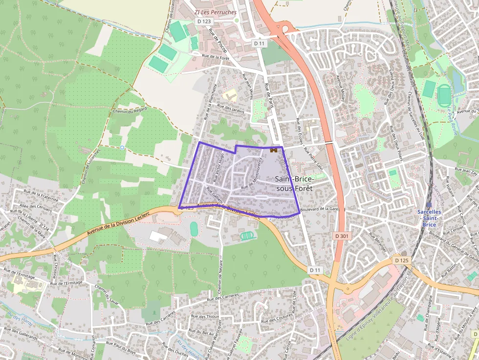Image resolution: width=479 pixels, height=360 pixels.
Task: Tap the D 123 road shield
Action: (x=205, y=21)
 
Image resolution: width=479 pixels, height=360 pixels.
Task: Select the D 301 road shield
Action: (x=342, y=236)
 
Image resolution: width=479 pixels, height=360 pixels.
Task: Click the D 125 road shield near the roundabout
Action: (x=401, y=260)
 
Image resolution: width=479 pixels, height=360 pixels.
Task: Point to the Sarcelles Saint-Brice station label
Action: (x=429, y=218)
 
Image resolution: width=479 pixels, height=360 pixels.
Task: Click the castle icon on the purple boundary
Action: (x=274, y=150)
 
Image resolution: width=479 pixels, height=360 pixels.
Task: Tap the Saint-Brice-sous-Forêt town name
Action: (x=295, y=184)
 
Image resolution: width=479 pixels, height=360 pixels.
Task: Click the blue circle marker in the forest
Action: (x=122, y=147)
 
